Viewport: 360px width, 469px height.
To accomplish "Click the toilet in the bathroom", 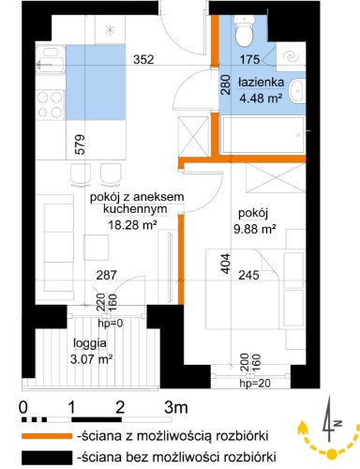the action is point(244,31).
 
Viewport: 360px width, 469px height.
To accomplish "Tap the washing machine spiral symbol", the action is point(291,56).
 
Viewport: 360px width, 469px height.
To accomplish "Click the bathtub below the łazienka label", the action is point(262,135).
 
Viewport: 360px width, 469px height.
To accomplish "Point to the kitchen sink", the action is point(51,60).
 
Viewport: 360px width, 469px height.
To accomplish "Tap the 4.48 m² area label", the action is point(261,98).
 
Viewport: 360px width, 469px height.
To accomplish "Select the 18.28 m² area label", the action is point(132,224).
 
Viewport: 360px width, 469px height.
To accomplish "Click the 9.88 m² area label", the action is point(255,229).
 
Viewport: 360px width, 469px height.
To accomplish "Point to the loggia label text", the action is point(90,343).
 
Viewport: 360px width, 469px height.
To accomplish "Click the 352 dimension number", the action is point(143,59).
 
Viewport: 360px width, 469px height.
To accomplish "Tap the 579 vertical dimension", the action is point(80,144).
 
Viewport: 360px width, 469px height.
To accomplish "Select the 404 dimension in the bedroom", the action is point(226,264).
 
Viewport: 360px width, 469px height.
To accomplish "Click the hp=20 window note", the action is point(255,383).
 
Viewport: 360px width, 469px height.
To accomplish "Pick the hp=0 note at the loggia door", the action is point(111,324).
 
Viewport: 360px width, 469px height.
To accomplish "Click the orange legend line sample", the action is point(47,436).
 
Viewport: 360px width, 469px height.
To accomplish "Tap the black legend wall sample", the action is point(47,458).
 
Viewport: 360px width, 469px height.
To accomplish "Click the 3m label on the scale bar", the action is point(176,408).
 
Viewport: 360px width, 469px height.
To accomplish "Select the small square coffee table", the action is point(96,248).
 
